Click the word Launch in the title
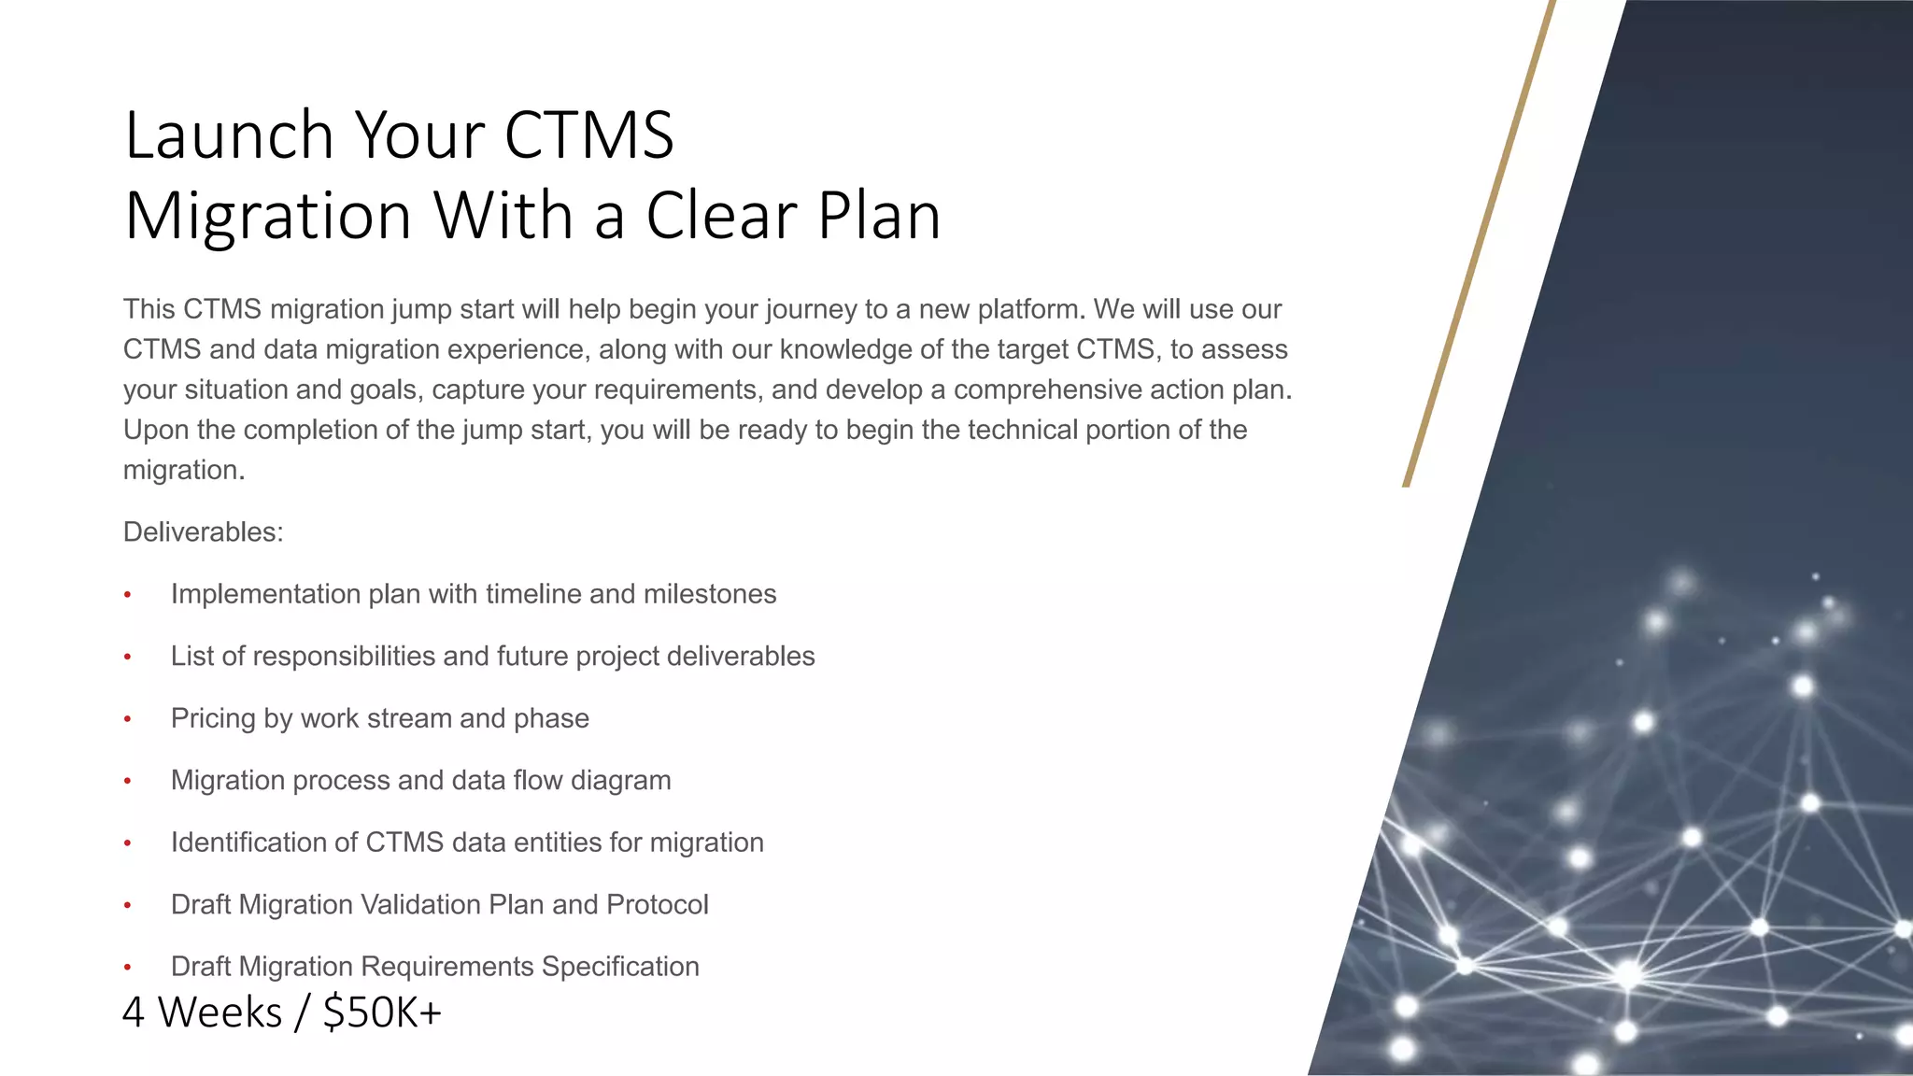[229, 135]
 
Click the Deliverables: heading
[203, 532]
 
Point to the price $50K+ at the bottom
[382, 1012]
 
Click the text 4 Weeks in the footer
[202, 1012]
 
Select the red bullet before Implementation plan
[128, 595]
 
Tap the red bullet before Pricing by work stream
[128, 719]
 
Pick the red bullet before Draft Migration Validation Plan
[128, 905]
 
